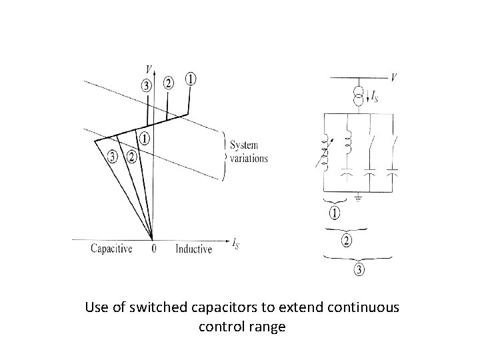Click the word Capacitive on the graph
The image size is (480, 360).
pyautogui.click(x=111, y=249)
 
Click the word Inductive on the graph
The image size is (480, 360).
pyautogui.click(x=193, y=249)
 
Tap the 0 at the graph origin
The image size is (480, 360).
pyautogui.click(x=154, y=249)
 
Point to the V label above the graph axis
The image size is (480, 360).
pyautogui.click(x=147, y=69)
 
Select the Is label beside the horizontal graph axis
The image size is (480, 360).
pyautogui.click(x=235, y=243)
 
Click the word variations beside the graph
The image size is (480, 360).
pyautogui.click(x=249, y=159)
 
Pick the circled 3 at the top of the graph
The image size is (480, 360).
pyautogui.click(x=147, y=85)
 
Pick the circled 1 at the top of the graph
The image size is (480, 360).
pyautogui.click(x=190, y=79)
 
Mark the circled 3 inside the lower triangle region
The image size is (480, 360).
pyautogui.click(x=114, y=157)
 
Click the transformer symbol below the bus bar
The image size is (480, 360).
pyautogui.click(x=359, y=96)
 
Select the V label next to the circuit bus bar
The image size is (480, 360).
pyautogui.click(x=395, y=77)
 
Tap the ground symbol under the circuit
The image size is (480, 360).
pyautogui.click(x=359, y=197)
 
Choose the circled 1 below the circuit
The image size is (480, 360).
pyautogui.click(x=334, y=213)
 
